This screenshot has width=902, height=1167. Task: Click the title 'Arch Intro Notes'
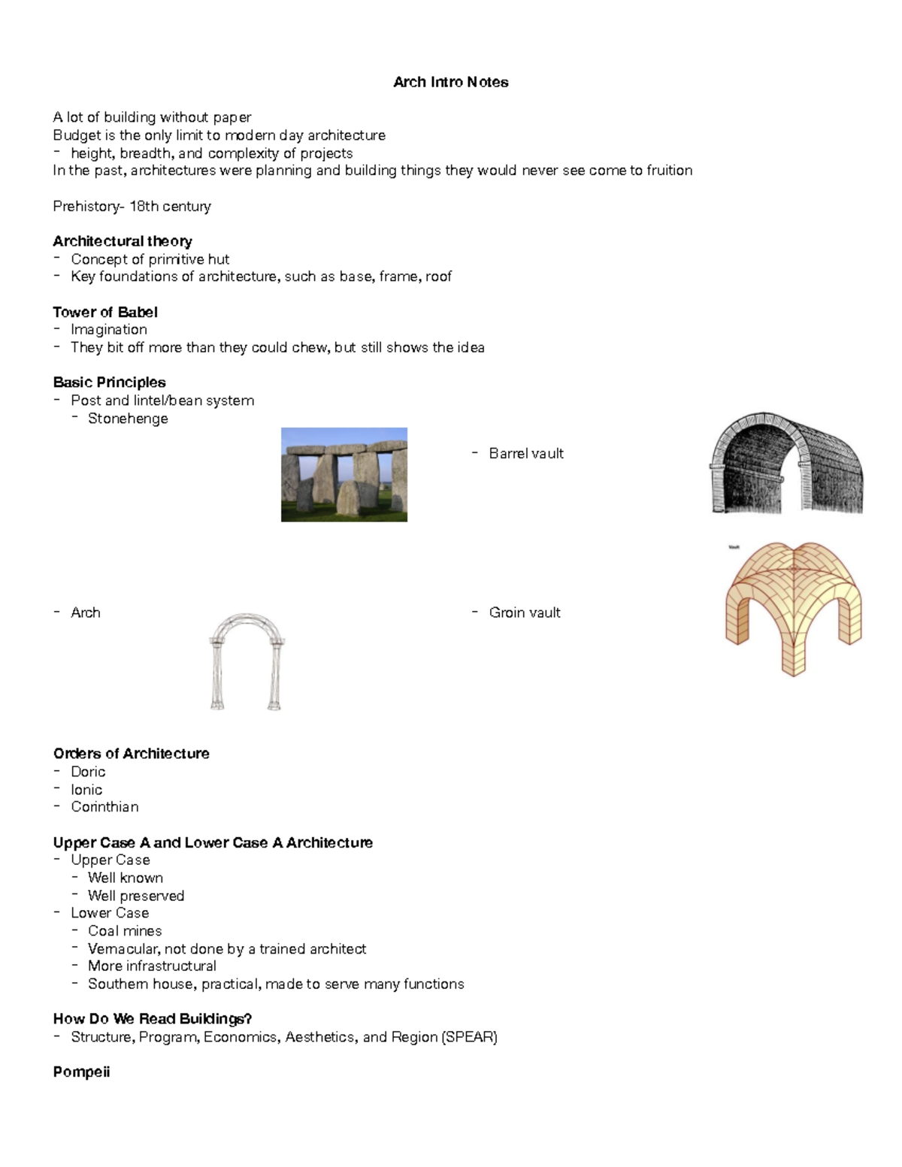pos(450,82)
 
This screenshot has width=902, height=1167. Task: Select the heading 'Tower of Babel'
pos(105,312)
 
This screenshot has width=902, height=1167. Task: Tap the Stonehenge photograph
pos(344,474)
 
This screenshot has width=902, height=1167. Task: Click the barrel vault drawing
pos(786,464)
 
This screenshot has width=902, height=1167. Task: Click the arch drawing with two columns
pos(247,662)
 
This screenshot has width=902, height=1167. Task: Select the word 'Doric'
pos(88,772)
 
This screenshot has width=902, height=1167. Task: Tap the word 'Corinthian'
pos(104,807)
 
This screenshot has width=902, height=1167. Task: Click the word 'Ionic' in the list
pos(86,790)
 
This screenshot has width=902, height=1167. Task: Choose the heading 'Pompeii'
pos(81,1072)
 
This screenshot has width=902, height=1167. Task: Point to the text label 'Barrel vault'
pos(525,453)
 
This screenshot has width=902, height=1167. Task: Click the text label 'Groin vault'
pos(524,612)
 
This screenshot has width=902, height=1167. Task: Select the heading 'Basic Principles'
pos(109,382)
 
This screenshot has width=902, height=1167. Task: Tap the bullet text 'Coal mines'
pos(125,931)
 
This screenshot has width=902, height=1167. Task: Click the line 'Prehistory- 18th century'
pos(132,206)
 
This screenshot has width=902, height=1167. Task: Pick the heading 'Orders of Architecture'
pos(131,754)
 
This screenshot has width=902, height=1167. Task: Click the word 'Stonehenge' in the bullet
pos(128,419)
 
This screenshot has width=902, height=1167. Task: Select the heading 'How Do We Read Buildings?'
pos(152,1019)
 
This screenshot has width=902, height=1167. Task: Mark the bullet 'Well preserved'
pos(135,896)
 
